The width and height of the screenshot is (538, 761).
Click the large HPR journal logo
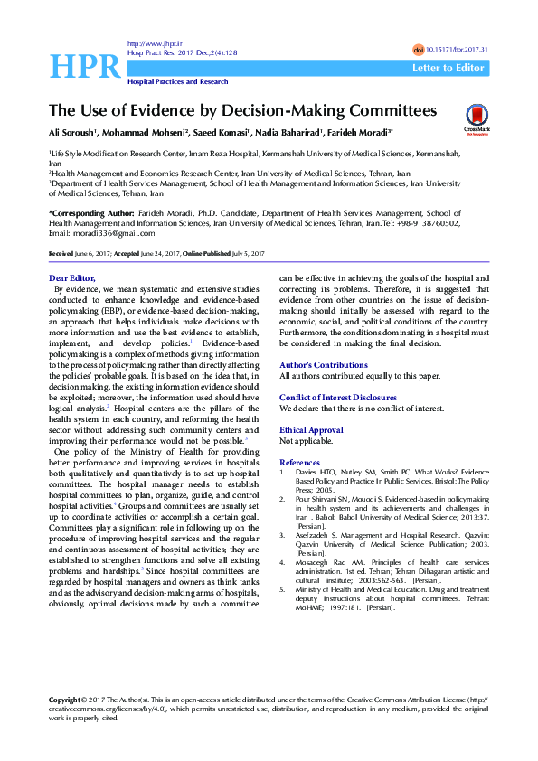85,65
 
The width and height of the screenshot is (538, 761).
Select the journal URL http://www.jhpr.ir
149,43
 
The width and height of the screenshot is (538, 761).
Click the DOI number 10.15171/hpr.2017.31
457,49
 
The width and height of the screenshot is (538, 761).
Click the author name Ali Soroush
73,135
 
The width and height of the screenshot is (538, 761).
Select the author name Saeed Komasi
216,135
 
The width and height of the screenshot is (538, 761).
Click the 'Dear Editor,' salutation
71,277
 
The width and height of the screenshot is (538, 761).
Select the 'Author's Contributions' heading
324,363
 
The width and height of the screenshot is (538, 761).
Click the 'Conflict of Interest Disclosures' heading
338,397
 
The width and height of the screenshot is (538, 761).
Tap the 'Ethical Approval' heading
312,430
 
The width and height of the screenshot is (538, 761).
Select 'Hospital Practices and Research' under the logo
177,81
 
